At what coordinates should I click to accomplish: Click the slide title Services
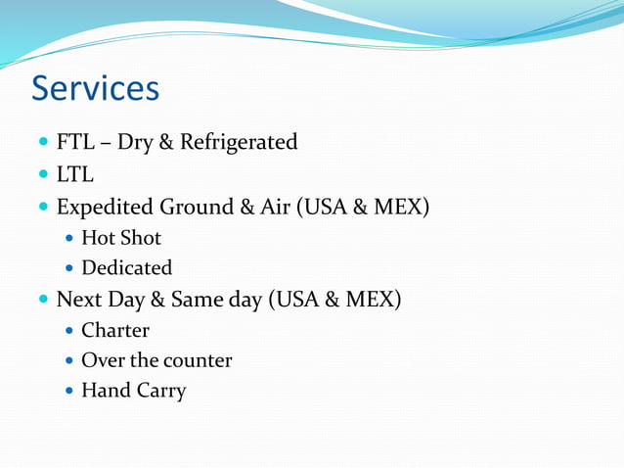95,88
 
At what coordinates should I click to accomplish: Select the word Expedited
104,208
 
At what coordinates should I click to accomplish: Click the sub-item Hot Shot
121,238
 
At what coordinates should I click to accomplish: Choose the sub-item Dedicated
126,267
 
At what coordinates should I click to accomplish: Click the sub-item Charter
115,330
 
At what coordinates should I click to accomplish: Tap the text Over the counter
156,360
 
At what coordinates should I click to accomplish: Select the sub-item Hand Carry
133,391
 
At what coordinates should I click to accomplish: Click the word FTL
75,143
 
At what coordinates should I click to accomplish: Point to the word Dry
133,143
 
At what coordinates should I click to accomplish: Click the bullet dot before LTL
43,175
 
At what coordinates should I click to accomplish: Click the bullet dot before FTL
43,143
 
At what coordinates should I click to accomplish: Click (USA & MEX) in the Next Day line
334,299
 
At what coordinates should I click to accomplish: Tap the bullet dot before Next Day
43,299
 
